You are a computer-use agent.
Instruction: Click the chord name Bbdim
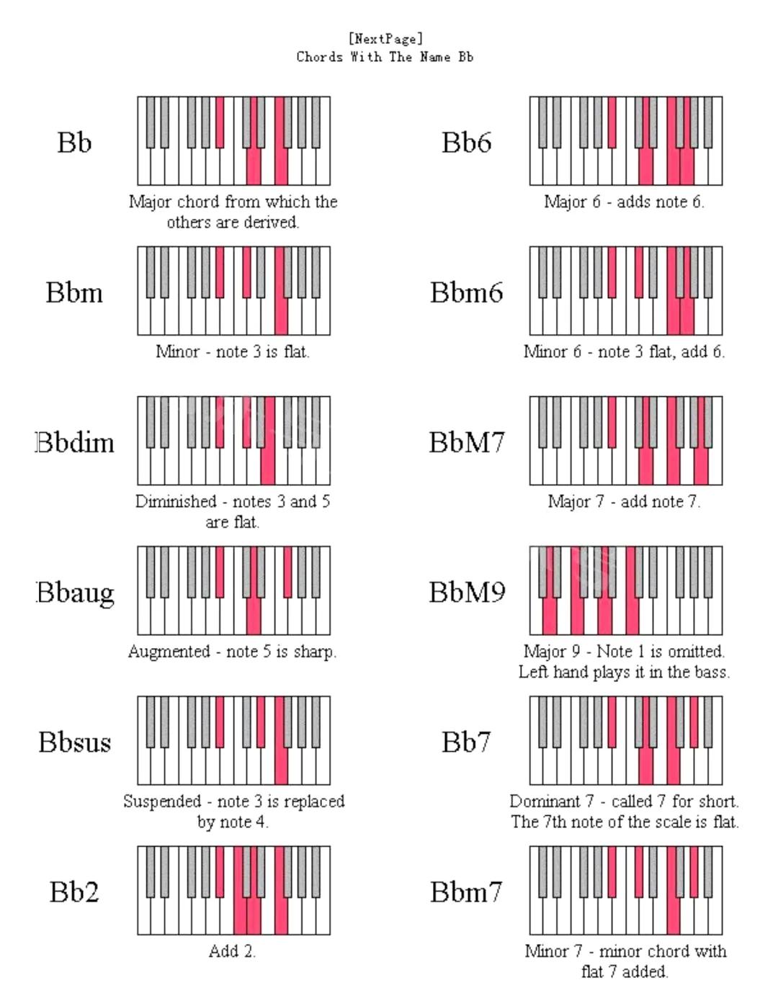click(x=76, y=442)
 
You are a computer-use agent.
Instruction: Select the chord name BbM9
click(x=467, y=592)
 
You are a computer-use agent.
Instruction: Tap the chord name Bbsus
click(x=75, y=742)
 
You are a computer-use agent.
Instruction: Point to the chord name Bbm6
click(x=466, y=292)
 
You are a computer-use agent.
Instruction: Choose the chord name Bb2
click(x=74, y=891)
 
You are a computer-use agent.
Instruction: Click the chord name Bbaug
click(x=76, y=593)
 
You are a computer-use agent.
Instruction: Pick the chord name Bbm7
click(x=466, y=891)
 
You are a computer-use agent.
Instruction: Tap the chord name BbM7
click(x=467, y=442)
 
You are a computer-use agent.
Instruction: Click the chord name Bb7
click(x=466, y=742)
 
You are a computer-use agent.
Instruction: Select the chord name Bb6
click(x=466, y=143)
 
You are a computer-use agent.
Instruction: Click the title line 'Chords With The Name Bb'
click(x=385, y=57)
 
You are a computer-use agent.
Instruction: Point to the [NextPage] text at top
click(x=385, y=38)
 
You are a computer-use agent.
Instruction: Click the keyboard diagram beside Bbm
click(x=234, y=291)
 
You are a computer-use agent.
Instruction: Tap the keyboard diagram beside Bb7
click(x=626, y=740)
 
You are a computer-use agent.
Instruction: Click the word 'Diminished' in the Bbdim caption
click(x=176, y=501)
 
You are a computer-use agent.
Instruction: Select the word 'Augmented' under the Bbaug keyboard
click(x=169, y=652)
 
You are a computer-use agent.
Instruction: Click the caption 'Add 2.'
click(x=232, y=951)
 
